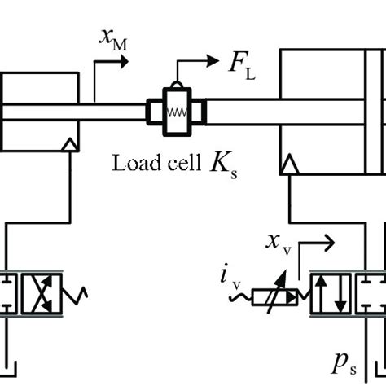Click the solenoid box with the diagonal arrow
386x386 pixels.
pyautogui.click(x=274, y=294)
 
